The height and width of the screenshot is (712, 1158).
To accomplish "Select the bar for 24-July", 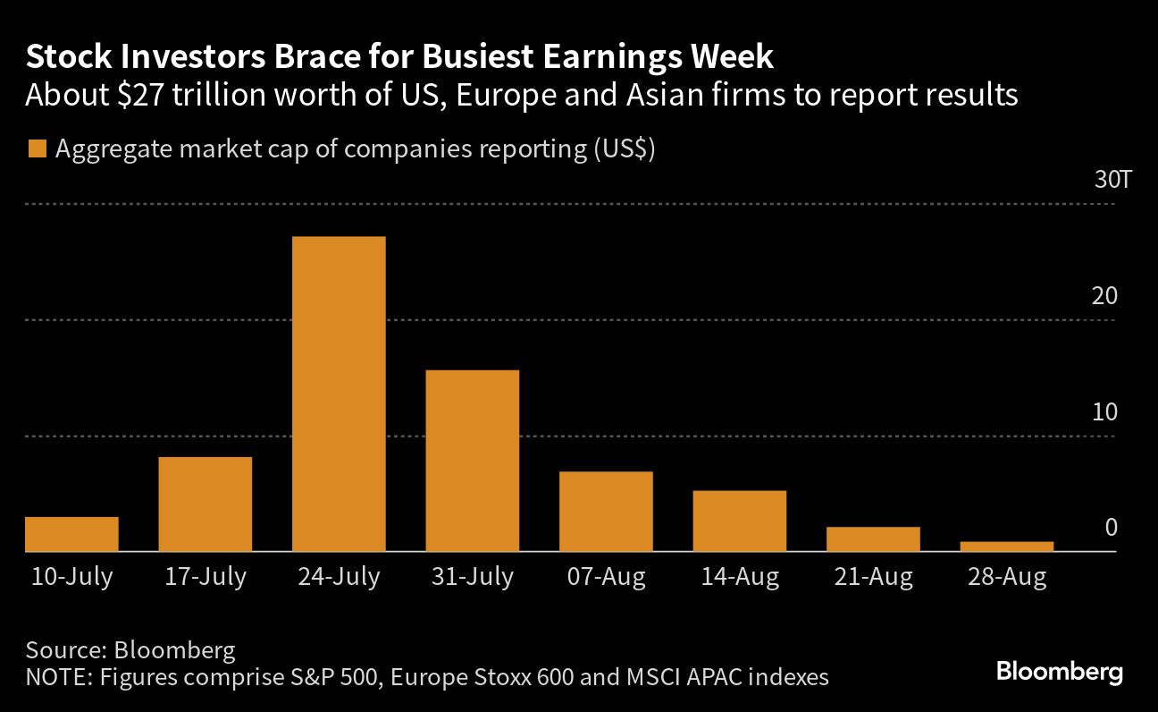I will (339, 394).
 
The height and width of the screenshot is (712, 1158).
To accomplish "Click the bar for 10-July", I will (71, 534).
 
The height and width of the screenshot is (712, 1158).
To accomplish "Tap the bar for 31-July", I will (473, 461).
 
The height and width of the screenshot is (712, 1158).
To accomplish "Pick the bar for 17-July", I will (205, 504).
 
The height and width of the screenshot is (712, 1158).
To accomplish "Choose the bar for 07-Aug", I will (606, 511).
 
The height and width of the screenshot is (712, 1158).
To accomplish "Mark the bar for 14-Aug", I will (740, 521).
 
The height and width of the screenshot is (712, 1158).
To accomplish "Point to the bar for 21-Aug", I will (873, 538).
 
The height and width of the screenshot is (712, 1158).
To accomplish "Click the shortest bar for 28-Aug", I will (1007, 546).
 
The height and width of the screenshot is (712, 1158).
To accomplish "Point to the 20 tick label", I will (1104, 296).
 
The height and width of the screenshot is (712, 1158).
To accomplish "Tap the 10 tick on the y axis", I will (1104, 412).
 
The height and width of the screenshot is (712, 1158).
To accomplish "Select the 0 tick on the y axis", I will (1111, 528).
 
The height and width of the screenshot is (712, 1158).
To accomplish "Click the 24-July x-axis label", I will (339, 578).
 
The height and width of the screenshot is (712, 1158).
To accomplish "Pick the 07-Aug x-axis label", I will (606, 578).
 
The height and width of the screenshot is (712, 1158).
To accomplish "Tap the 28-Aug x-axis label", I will (1007, 578).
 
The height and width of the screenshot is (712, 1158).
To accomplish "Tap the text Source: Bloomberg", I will (130, 649).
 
